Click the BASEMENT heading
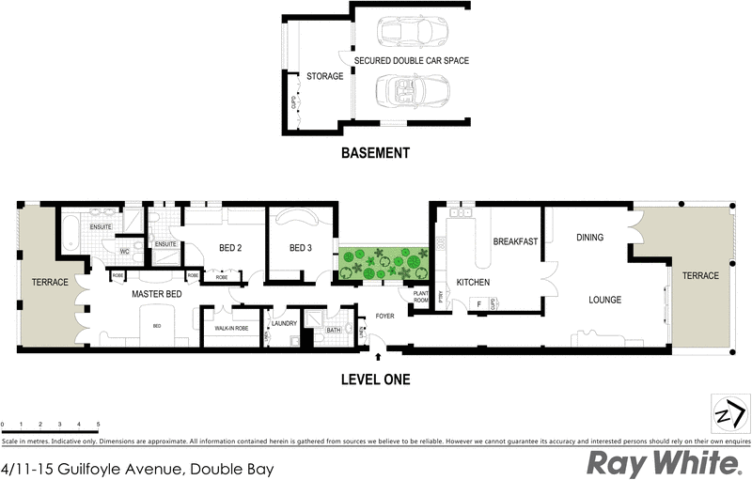(375, 153)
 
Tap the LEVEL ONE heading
(375, 379)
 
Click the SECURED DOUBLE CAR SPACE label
(411, 60)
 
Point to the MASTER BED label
(156, 294)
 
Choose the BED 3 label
(300, 248)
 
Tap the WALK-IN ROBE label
(231, 328)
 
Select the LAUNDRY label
(284, 324)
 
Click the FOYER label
(385, 316)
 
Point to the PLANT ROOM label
(419, 298)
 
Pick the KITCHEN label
(473, 282)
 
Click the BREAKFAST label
(515, 241)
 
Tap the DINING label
(589, 238)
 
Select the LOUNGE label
(604, 301)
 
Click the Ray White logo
(664, 463)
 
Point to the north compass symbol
(731, 413)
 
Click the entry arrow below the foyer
(378, 356)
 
